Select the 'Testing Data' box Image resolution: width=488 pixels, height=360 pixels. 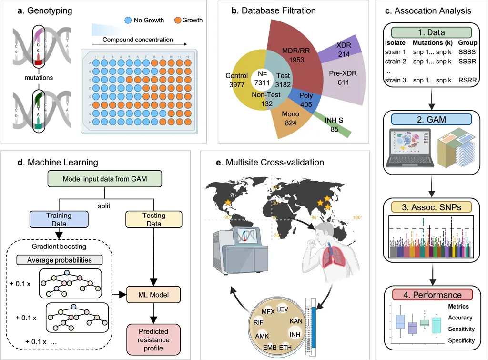pyautogui.click(x=153, y=220)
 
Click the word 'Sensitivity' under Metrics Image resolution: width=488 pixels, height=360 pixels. pyautogui.click(x=461, y=329)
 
